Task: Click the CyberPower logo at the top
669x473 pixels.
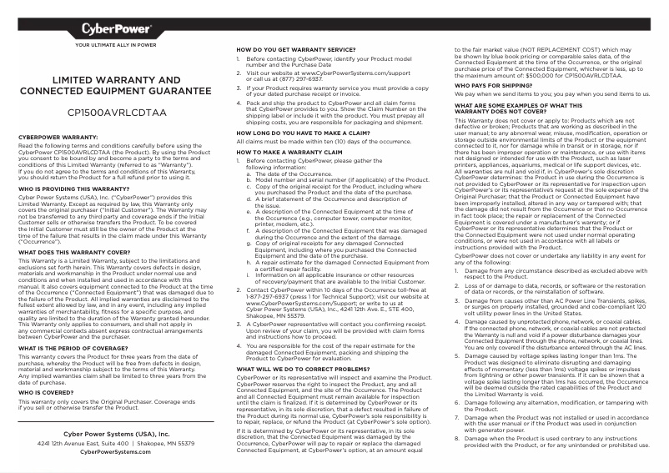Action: (116, 28)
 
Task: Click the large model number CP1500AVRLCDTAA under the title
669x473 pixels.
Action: (117, 111)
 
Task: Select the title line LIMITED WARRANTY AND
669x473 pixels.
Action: (117, 80)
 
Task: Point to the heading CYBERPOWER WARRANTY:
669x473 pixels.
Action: (58, 136)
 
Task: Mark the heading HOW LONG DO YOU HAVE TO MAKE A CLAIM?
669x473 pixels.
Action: (303, 133)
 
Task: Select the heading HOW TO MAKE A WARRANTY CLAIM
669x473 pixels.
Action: (288, 153)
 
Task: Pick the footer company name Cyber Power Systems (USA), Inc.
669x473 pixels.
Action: (116, 435)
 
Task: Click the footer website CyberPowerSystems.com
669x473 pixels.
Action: (116, 451)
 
